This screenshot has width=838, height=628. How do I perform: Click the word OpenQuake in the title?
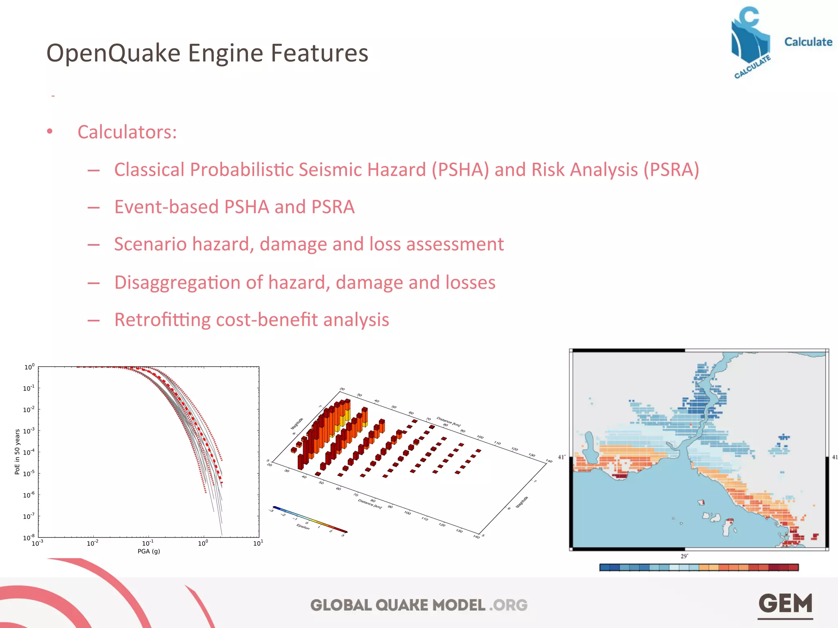coord(113,54)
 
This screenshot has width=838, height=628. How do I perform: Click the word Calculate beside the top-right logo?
coord(808,42)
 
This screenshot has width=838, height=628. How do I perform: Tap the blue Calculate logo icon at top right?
coord(750,41)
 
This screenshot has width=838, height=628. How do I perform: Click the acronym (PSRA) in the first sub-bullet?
coord(671,170)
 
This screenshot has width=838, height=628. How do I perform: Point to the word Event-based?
coord(166,207)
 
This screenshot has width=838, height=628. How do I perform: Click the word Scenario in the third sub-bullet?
coord(150,244)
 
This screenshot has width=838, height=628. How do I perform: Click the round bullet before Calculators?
coord(50,132)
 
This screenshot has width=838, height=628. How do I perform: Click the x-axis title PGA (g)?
coord(149,551)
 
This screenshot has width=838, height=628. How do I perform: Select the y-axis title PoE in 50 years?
coord(17,451)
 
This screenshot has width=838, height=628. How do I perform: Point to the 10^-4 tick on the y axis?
coord(29,452)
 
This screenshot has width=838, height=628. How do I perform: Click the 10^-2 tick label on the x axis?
coord(92,543)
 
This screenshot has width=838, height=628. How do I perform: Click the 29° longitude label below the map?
coord(684,556)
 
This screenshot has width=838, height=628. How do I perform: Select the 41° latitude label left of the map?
coord(561,457)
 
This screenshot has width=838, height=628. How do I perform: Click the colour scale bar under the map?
coord(699,567)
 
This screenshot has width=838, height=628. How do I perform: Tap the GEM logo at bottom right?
coord(785,604)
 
